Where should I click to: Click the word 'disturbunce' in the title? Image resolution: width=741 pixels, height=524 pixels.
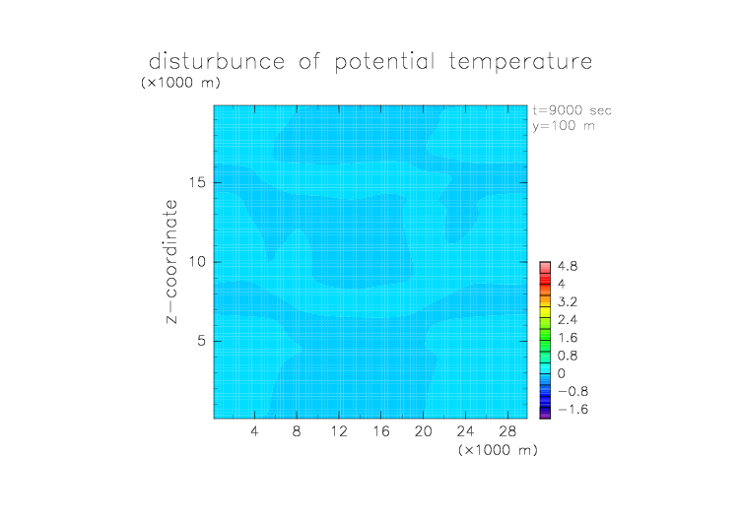click(217, 61)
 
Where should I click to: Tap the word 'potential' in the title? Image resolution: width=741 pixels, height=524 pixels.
click(384, 62)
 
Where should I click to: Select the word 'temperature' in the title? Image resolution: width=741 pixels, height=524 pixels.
click(520, 62)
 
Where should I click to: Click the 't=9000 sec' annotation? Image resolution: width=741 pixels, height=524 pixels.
click(572, 110)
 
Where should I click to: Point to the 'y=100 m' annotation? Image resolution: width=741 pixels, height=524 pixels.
click(564, 126)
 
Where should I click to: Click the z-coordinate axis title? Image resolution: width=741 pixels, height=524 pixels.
click(171, 262)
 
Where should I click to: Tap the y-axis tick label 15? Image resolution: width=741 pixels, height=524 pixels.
click(197, 182)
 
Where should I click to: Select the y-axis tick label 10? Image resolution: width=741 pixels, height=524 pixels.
click(197, 262)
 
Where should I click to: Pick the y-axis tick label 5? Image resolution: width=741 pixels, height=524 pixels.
click(202, 341)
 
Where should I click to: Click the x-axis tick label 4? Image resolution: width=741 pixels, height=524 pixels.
click(254, 430)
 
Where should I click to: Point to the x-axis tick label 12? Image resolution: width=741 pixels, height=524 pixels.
click(339, 430)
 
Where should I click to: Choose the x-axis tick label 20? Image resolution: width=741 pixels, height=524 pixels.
click(423, 430)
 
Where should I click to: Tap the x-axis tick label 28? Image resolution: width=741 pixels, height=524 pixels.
click(507, 430)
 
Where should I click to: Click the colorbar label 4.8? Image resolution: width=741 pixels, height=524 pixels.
click(568, 267)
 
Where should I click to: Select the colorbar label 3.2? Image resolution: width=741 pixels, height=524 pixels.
click(568, 302)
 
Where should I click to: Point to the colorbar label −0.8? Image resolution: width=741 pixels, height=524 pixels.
click(573, 391)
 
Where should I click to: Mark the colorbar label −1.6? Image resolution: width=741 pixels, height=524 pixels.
click(573, 409)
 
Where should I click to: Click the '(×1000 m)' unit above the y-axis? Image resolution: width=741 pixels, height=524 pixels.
click(180, 82)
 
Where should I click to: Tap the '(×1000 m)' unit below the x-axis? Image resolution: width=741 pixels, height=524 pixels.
click(498, 450)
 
